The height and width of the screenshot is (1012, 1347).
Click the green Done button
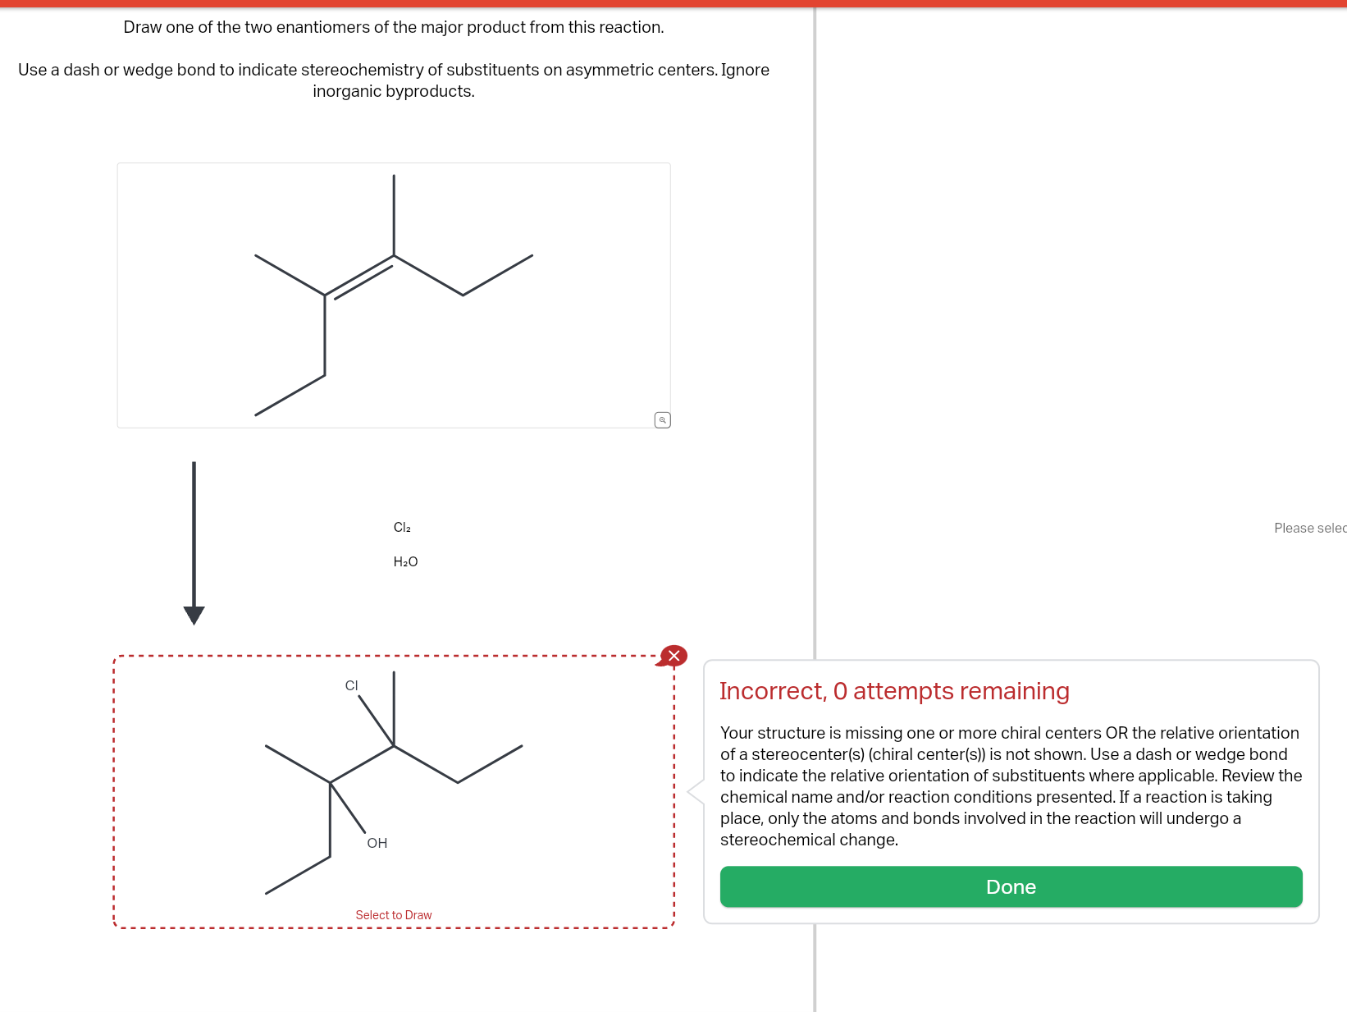1011,886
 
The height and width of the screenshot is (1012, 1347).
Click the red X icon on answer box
673,656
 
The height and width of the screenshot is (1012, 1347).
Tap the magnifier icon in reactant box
663,420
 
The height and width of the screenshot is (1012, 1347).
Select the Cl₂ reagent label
402,528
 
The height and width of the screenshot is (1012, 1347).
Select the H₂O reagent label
405,562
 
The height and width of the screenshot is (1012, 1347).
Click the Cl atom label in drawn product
351,686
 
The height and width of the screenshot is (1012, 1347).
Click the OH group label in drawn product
377,843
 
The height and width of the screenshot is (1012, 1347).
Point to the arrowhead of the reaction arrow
194,615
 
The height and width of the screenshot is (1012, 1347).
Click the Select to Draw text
394,915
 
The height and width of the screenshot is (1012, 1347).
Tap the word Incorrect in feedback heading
771,691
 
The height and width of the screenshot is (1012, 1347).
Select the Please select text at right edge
1309,528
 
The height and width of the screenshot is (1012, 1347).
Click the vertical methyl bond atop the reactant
394,215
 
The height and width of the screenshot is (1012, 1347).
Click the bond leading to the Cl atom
377,721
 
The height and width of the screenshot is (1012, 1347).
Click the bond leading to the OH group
348,808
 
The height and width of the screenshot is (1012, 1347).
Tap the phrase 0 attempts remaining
952,691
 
